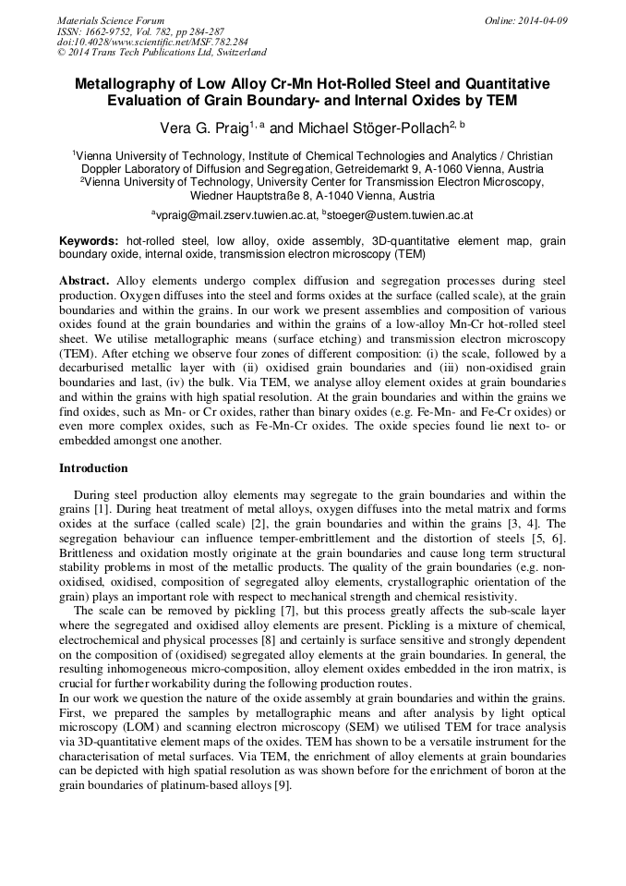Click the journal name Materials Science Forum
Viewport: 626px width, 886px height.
(x=111, y=19)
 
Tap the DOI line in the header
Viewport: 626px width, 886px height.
(x=152, y=42)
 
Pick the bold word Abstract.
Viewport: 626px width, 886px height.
(x=84, y=279)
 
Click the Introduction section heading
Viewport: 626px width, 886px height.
(x=93, y=468)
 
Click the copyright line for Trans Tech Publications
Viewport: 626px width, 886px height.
(x=162, y=53)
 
